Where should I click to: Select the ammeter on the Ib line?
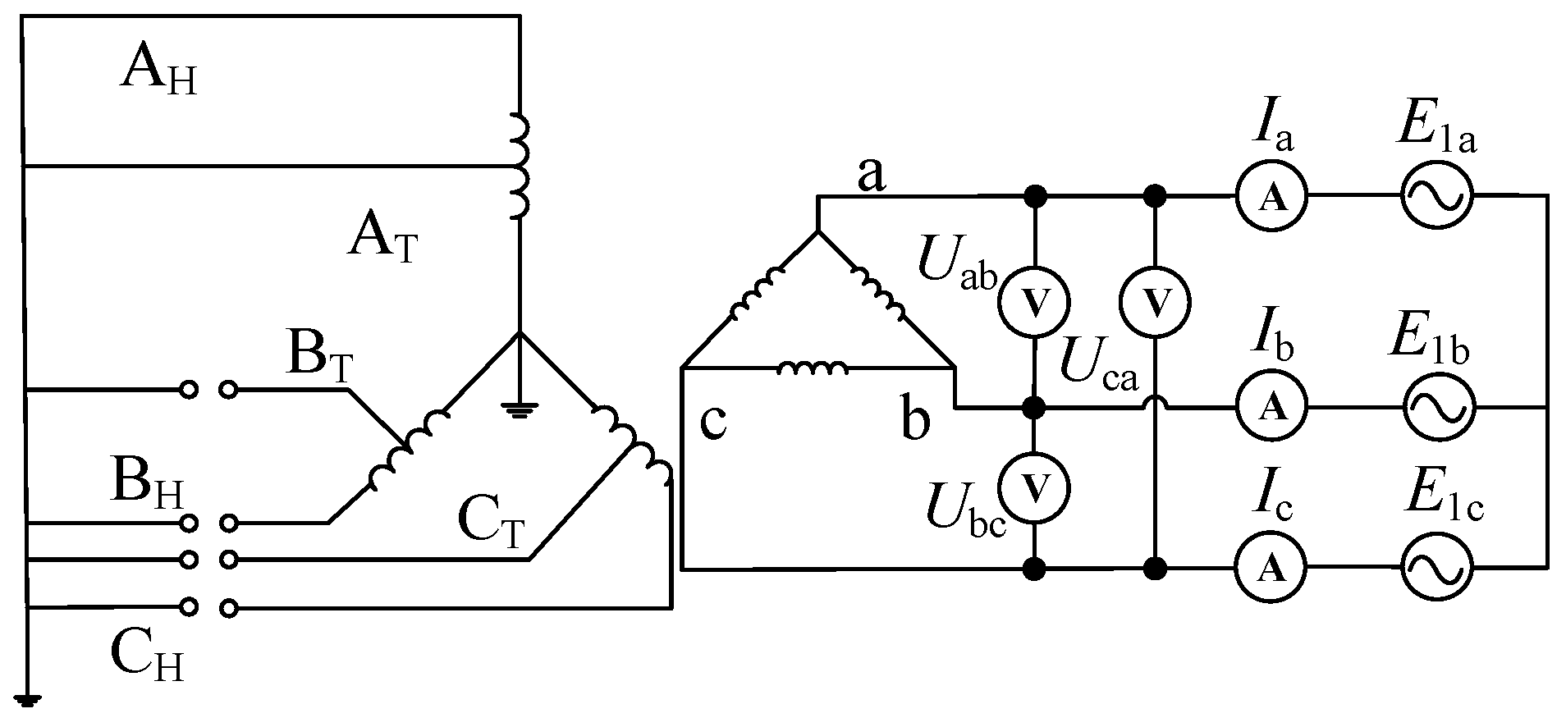1273,406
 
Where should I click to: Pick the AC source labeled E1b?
1437,406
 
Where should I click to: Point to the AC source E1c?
1437,567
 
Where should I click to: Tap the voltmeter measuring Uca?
1156,303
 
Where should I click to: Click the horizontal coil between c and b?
813,370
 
